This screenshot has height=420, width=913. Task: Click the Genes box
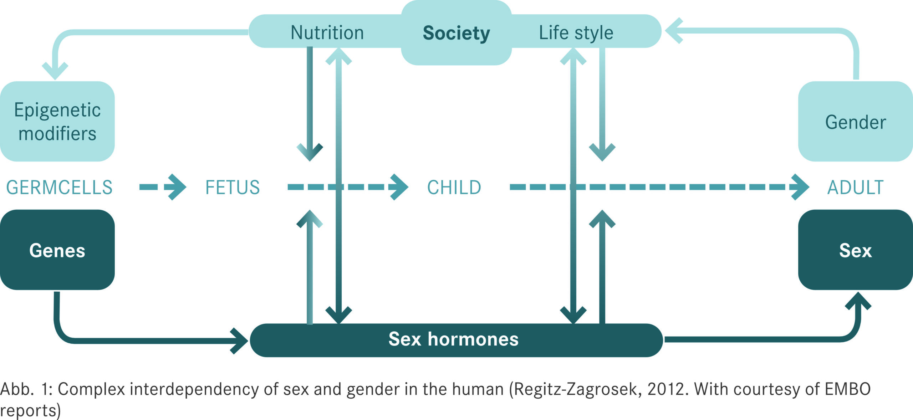point(57,250)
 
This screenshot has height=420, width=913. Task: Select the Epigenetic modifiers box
point(57,121)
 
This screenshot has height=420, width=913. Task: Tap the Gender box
point(856,121)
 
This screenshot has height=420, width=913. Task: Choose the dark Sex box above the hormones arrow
point(856,250)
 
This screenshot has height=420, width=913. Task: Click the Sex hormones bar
point(456,340)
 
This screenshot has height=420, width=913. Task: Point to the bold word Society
point(456,33)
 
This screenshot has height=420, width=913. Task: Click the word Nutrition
point(327,33)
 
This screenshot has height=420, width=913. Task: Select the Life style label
point(576,33)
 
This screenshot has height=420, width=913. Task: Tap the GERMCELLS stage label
point(59,188)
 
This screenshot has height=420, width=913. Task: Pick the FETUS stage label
point(233,188)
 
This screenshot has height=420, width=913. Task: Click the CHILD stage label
point(454,188)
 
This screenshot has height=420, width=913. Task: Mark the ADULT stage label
point(855,188)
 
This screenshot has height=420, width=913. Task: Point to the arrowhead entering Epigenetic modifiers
point(55,71)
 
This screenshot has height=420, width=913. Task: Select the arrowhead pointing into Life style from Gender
point(674,31)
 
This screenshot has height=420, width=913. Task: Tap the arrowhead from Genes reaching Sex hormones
point(239,341)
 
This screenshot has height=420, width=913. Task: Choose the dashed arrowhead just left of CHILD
point(399,187)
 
